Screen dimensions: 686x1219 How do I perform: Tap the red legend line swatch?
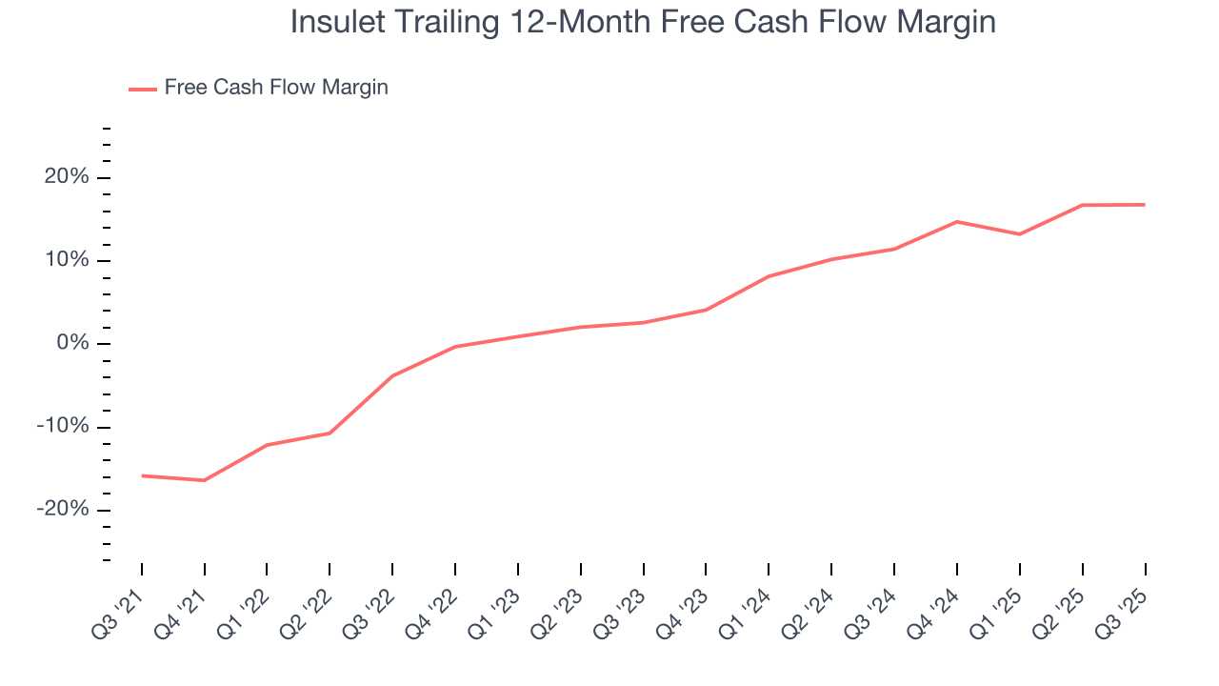[x=143, y=89]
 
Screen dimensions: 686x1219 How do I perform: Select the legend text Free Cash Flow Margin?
[x=276, y=88]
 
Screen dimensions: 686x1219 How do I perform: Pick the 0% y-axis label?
[x=72, y=344]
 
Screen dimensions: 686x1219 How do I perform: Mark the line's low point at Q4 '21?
[x=205, y=480]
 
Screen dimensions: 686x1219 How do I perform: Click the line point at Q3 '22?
[x=392, y=375]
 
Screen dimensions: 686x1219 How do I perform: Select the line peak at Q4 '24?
[x=956, y=222]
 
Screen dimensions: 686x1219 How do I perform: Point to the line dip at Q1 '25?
[x=1019, y=234]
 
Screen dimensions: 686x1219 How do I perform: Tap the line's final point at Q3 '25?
[x=1144, y=205]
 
